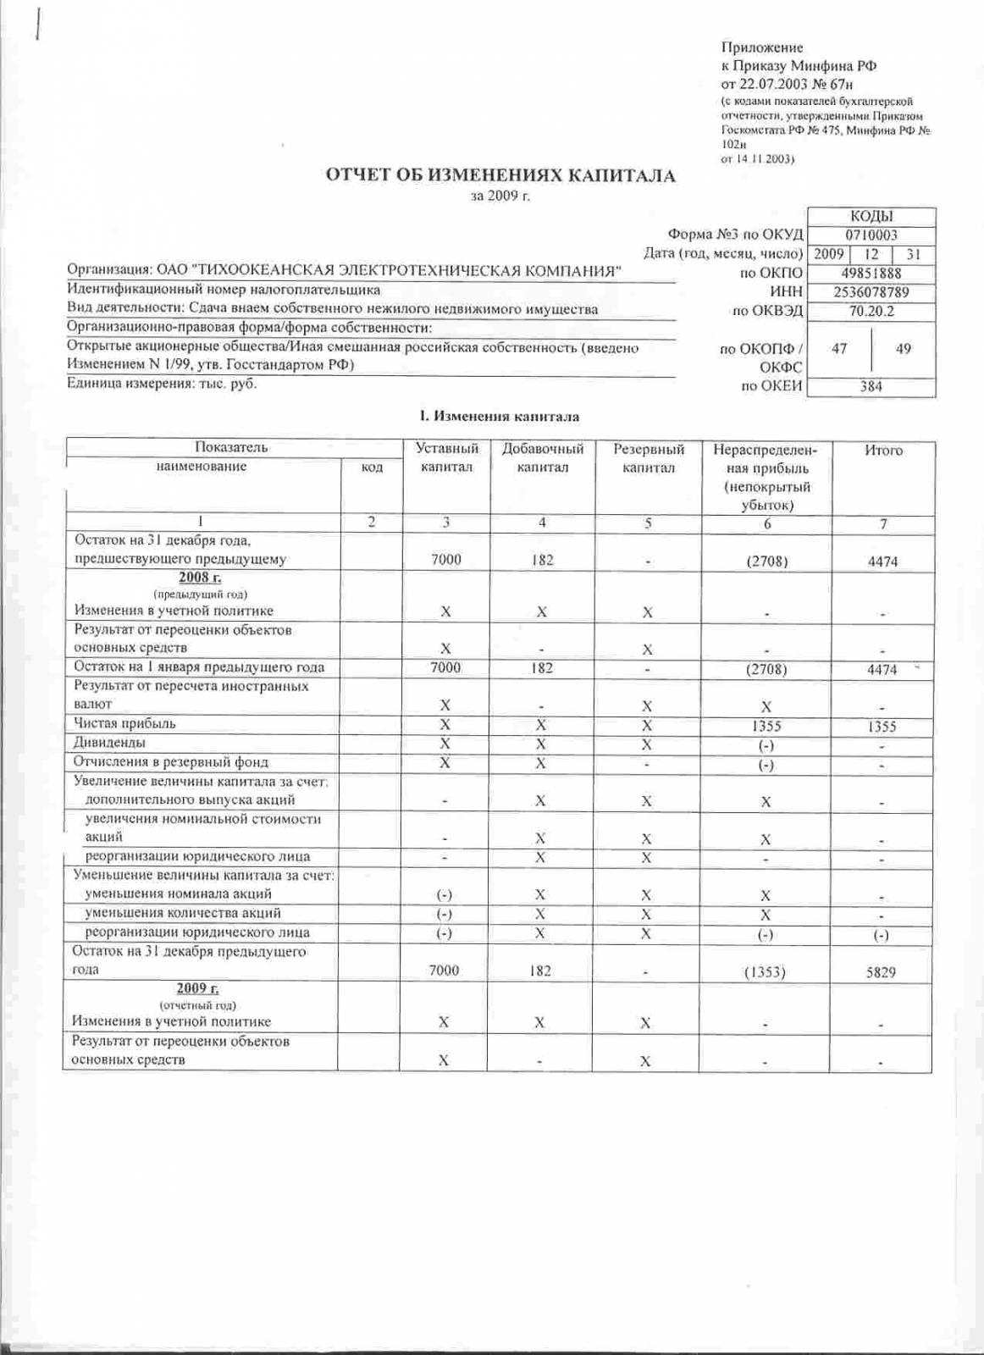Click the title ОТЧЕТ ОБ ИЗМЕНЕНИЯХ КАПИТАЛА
[501, 176]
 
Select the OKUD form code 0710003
[871, 235]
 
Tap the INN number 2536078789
[871, 292]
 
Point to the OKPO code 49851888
[871, 273]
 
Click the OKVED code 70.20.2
[871, 311]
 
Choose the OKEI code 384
[871, 386]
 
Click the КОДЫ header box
[871, 217]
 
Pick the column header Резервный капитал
[648, 458]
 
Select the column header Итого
[883, 451]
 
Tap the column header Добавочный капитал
[543, 458]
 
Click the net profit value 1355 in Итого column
[882, 727]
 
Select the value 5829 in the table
[881, 972]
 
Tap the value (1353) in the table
[765, 972]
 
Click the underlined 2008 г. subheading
[200, 578]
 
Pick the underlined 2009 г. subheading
[198, 988]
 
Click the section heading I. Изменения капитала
[500, 416]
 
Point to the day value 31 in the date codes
[913, 254]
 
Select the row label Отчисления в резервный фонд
[171, 761]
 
